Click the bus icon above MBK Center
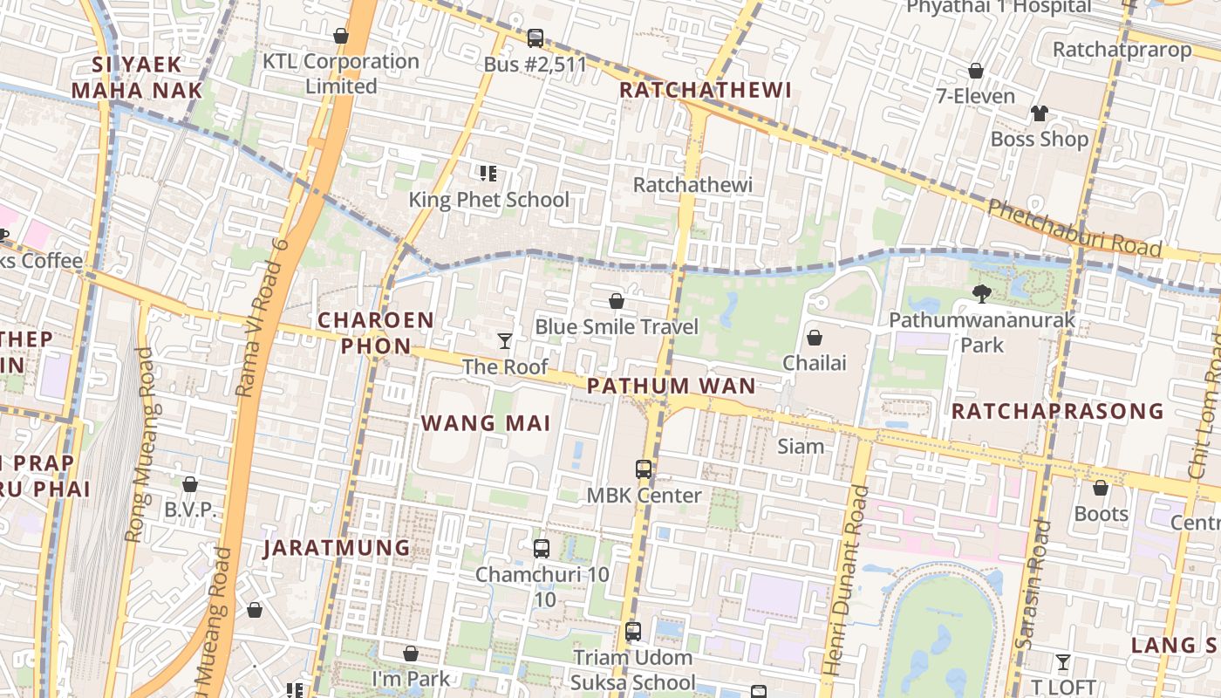tap(643, 469)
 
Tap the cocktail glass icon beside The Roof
tap(504, 340)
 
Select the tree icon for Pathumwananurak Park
tap(982, 294)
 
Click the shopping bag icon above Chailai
tap(814, 337)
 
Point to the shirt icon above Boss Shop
tap(1039, 113)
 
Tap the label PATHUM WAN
tap(671, 386)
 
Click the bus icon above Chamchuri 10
tap(541, 549)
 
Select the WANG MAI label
tap(486, 424)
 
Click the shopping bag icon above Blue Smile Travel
tap(616, 301)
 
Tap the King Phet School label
tap(488, 200)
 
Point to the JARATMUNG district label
tap(337, 548)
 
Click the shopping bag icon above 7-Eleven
tap(975, 71)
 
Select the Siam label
tap(800, 447)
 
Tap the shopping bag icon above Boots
tap(1100, 488)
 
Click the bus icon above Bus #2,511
tap(535, 38)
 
